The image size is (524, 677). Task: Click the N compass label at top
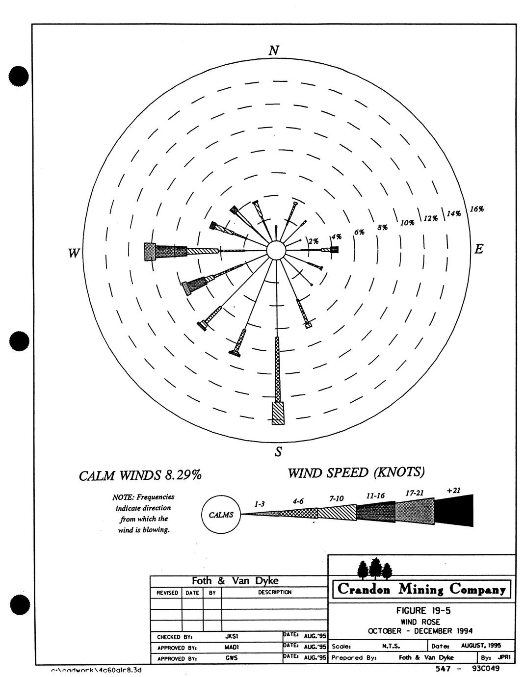[x=274, y=51]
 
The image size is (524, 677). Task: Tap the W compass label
[x=74, y=253]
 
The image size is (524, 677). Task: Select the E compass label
[x=478, y=249]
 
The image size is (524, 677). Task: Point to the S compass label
[x=278, y=452]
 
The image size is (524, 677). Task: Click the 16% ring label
[x=477, y=209]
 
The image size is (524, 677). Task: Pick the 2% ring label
[x=314, y=241]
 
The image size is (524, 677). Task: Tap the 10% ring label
[x=407, y=223]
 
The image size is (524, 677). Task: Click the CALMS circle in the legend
[x=221, y=515]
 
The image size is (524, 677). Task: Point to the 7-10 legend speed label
[x=336, y=498]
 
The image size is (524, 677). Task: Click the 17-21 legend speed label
[x=415, y=493]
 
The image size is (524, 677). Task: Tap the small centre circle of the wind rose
[x=276, y=251]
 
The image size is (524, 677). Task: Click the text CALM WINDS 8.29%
[x=140, y=475]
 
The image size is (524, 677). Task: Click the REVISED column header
[x=167, y=593]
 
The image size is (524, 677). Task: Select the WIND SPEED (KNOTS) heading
[x=356, y=472]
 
